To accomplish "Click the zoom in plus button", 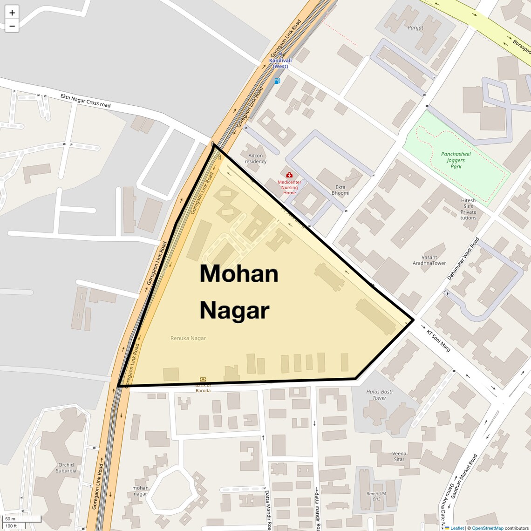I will [x=12, y=13].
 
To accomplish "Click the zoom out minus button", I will [x=12, y=26].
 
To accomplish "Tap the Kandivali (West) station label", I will [x=280, y=63].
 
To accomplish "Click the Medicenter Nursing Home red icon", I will [x=289, y=175].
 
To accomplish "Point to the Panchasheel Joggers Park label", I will [x=456, y=160].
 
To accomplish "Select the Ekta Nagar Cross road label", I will [x=86, y=100].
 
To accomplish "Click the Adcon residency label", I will [x=256, y=159].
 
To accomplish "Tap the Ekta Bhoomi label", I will [x=340, y=190].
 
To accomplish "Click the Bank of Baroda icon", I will [x=203, y=380].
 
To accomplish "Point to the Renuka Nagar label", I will [x=188, y=338].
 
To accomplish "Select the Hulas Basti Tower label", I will [x=379, y=395].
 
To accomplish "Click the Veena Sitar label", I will [x=399, y=456].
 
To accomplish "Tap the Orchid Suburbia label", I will [x=66, y=468].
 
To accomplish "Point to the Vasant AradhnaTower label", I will [x=429, y=260].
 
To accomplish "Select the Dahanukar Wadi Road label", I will [x=463, y=259].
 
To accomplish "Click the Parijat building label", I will [x=415, y=28].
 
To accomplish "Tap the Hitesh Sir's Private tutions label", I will [x=469, y=209].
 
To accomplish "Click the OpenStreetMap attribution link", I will [x=488, y=528].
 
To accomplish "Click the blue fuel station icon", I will [x=278, y=81].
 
